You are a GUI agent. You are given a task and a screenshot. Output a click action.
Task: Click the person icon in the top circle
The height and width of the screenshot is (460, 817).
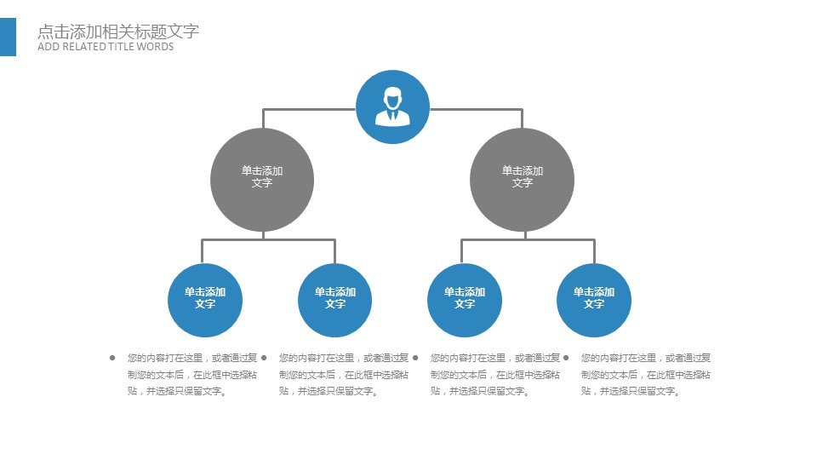(392, 106)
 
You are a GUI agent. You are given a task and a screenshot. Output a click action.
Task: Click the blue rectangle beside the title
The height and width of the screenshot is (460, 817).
(8, 37)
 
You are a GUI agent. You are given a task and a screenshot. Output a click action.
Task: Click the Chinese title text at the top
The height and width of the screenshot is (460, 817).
(118, 32)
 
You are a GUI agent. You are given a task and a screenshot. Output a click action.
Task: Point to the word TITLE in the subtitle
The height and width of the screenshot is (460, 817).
(123, 47)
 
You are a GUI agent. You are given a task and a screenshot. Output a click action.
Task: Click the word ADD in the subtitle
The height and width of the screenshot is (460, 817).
(48, 47)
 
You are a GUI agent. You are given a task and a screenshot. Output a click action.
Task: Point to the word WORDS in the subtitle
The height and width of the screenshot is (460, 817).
(157, 47)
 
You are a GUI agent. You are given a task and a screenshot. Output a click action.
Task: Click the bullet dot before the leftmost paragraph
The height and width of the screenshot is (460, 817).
(112, 358)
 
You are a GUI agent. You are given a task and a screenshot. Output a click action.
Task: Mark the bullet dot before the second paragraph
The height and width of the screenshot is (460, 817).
(264, 358)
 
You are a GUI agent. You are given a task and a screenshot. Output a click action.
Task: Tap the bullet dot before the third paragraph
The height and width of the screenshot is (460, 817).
(415, 358)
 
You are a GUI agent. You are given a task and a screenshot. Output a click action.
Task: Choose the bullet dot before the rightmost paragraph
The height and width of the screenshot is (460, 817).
(566, 358)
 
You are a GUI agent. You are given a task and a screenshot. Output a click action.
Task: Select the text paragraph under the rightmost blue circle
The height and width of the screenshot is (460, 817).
(645, 375)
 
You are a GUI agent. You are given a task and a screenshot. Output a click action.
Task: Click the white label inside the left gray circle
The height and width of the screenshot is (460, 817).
(262, 176)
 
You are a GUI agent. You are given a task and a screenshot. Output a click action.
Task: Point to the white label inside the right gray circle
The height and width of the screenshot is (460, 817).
(522, 176)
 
